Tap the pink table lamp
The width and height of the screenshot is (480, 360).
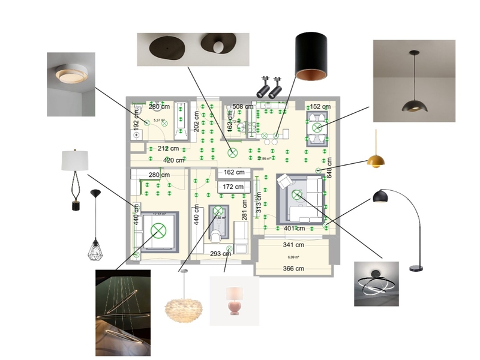coord(233,301)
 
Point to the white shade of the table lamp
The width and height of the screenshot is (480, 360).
coord(75,160)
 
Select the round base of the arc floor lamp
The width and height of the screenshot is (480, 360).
coord(416,267)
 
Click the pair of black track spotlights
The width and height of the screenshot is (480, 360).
coord(269,88)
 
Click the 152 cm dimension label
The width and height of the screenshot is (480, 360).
coord(320,107)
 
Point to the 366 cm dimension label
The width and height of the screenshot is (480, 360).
coord(293,268)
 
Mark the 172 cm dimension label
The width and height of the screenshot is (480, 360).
coord(233,187)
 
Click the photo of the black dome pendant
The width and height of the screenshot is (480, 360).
coord(414,81)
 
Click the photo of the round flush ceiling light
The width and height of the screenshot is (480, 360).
coord(71,84)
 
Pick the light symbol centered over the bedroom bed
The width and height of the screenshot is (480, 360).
coord(159,230)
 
